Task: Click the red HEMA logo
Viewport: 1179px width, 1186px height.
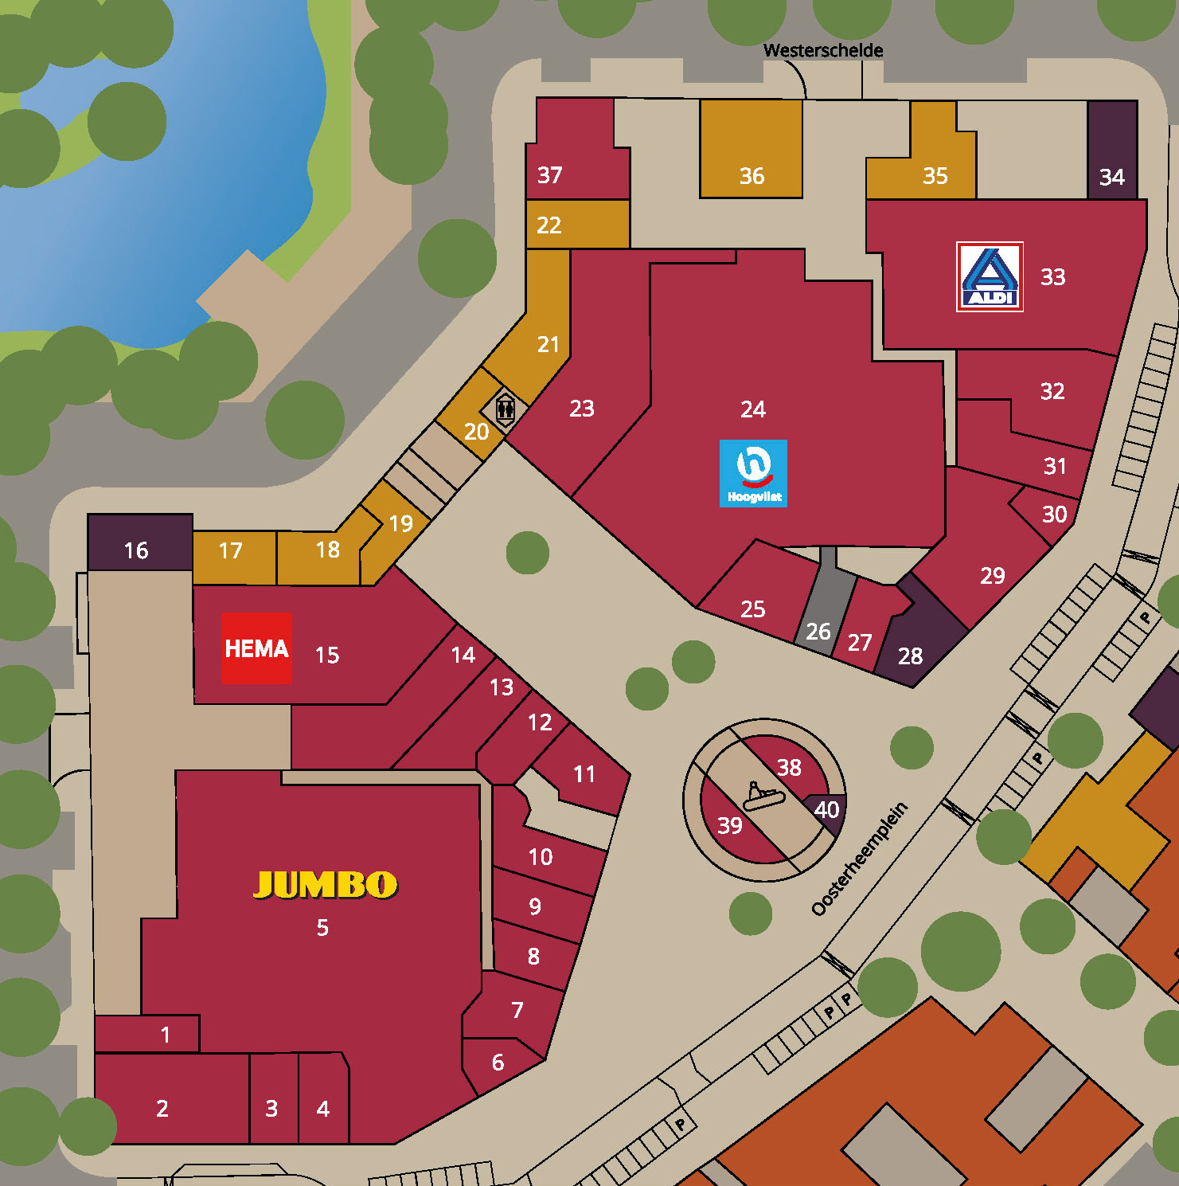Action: [256, 648]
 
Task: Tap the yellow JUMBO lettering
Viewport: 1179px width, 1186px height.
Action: [325, 884]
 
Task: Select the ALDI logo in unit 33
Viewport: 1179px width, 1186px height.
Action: [990, 277]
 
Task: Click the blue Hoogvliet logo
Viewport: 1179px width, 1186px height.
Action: [753, 473]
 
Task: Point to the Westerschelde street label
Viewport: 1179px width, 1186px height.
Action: [822, 50]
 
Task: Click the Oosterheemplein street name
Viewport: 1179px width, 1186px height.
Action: [859, 859]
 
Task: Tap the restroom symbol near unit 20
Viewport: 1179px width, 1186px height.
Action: [506, 410]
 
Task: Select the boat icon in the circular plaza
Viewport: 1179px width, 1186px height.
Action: [763, 795]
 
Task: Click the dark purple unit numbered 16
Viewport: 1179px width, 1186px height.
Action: [137, 550]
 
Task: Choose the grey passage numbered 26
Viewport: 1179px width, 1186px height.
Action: [818, 631]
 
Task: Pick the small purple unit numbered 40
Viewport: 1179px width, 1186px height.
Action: [826, 810]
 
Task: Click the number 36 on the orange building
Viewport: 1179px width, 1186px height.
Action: [752, 176]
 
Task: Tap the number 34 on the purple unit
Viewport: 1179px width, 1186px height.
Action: [1111, 177]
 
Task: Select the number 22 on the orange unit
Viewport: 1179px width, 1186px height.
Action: [549, 225]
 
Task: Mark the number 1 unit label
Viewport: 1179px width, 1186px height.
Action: [166, 1035]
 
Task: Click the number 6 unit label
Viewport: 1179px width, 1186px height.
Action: [498, 1062]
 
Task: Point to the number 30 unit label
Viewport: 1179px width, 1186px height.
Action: [1054, 515]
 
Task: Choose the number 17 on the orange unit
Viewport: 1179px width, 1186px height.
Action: [230, 550]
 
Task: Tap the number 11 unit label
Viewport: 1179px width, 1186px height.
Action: [584, 774]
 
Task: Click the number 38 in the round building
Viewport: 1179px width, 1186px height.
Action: [789, 767]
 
